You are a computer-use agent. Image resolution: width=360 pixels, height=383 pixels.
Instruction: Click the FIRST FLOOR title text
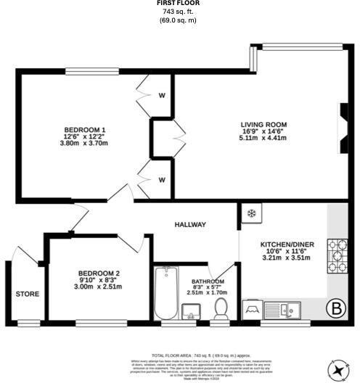(179, 4)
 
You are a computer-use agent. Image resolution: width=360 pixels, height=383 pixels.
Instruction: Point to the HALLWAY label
(190, 225)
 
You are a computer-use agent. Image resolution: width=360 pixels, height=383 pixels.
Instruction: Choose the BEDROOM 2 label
(100, 273)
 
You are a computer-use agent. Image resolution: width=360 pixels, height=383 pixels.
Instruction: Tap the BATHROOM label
(208, 281)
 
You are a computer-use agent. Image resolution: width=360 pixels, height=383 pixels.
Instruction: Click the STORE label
(28, 295)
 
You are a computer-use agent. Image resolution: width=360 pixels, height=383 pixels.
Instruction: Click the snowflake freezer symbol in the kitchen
(252, 213)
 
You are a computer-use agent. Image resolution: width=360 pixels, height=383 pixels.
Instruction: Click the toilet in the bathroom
(221, 310)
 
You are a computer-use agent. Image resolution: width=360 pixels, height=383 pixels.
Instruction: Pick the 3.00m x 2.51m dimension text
(100, 287)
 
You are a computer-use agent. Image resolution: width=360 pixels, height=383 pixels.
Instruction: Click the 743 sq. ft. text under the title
(179, 12)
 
